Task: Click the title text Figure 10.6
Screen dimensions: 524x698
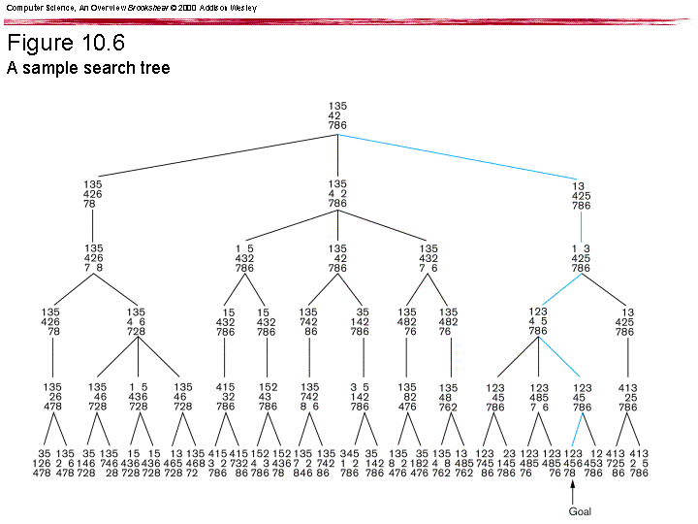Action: coord(65,44)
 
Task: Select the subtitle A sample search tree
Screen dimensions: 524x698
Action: coord(88,68)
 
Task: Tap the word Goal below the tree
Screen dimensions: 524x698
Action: coord(579,510)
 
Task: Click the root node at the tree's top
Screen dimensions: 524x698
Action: coord(337,115)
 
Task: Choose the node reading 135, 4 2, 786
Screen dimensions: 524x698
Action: coord(337,194)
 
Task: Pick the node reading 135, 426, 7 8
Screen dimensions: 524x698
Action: coord(92,258)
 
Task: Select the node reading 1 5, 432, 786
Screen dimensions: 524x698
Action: coord(244,258)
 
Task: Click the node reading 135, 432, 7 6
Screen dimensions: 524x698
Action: coord(428,258)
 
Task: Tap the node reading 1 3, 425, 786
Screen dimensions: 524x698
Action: coord(581,258)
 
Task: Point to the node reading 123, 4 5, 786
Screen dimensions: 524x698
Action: coord(537,322)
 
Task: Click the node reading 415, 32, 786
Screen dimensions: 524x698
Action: coord(225,397)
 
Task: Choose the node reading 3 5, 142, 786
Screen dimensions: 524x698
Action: coord(361,397)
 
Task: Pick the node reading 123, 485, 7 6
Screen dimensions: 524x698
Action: coord(538,397)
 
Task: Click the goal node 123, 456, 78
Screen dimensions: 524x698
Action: coord(574,462)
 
